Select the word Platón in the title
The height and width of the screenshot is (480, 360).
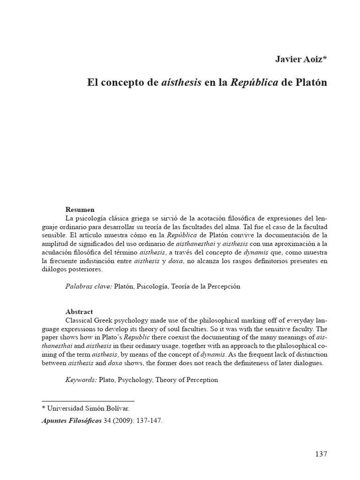tap(310, 82)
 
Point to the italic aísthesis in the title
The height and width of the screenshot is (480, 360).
tap(181, 82)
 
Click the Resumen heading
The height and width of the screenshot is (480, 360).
tap(80, 210)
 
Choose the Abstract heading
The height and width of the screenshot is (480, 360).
tap(79, 311)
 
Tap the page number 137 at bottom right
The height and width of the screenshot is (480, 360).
tap(321, 454)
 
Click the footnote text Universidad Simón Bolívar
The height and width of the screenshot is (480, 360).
tap(86, 408)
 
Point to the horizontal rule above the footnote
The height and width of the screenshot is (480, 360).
tap(88, 401)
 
